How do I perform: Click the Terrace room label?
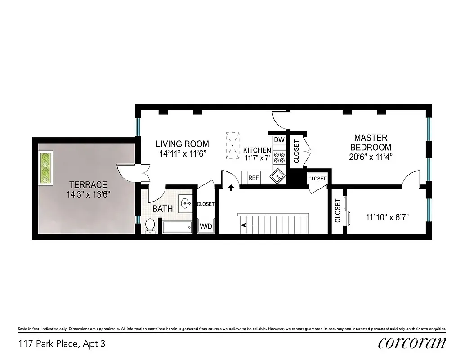[88, 184]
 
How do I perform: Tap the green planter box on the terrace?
[45, 168]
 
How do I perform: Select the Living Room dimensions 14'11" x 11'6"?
[182, 153]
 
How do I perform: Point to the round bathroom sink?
[186, 204]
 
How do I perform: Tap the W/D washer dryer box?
[206, 226]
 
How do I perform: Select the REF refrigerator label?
[253, 178]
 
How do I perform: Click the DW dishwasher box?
[279, 140]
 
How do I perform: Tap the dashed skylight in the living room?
[232, 146]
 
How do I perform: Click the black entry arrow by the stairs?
[232, 187]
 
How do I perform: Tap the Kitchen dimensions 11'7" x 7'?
[257, 158]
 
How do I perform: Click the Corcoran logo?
[412, 343]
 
